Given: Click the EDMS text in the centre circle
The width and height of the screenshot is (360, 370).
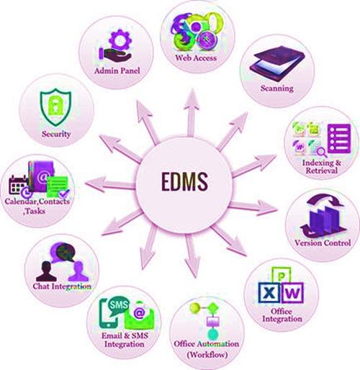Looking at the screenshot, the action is click(x=184, y=181).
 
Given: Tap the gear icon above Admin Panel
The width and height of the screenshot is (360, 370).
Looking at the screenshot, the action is click(x=120, y=39).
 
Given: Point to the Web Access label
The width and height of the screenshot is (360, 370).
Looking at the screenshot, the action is click(x=196, y=58).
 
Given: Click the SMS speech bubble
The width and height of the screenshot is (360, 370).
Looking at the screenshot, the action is click(x=118, y=306).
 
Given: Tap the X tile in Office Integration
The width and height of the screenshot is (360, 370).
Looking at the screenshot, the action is click(x=269, y=293).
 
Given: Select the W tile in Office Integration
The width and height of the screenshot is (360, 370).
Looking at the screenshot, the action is click(x=292, y=293).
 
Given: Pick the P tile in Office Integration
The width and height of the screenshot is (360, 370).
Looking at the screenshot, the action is click(x=281, y=275).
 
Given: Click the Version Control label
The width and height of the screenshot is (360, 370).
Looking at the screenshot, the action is click(x=323, y=243).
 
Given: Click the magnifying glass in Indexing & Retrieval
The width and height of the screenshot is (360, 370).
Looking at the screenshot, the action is click(x=321, y=152).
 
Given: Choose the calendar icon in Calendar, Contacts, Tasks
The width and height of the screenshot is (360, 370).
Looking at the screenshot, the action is click(x=18, y=185).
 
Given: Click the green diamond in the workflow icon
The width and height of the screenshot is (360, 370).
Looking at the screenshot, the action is click(x=212, y=307).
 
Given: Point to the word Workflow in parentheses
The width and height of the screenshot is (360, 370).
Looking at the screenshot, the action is click(x=207, y=354).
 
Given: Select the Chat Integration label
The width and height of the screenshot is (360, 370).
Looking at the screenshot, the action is click(x=62, y=286).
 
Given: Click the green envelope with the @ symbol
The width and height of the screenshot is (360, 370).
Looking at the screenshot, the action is click(x=139, y=315).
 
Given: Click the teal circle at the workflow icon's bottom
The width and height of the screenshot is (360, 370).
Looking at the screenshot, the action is click(x=212, y=335).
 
